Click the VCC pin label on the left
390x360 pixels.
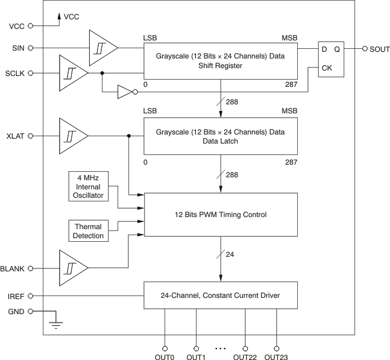click(16, 26)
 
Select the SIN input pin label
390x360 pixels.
click(17, 48)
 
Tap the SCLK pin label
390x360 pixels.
click(14, 73)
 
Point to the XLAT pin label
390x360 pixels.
click(15, 136)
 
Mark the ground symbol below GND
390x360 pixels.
click(57, 324)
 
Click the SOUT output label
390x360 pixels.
click(380, 48)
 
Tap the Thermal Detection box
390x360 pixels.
click(88, 231)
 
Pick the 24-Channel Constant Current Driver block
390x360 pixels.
click(220, 295)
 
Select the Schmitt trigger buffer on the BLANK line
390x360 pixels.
click(73, 267)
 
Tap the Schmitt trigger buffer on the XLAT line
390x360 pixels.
click(73, 136)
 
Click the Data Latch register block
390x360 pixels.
click(220, 137)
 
